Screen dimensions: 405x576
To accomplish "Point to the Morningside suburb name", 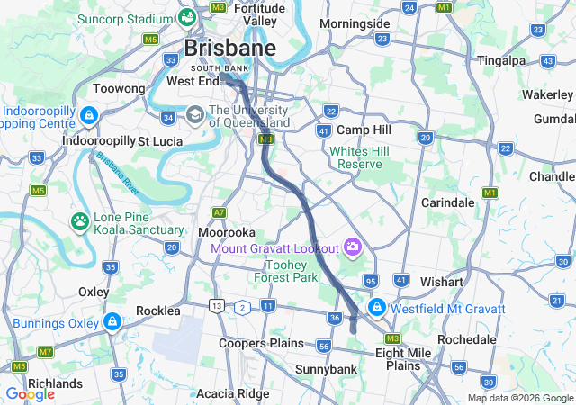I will (355, 23).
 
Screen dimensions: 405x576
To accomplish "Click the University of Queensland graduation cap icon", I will (195, 116).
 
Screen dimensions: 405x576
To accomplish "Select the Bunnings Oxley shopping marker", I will (112, 321).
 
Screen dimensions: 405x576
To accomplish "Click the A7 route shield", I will (219, 212).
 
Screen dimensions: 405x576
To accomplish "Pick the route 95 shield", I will (370, 283).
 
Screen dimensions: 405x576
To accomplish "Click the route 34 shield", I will (167, 117).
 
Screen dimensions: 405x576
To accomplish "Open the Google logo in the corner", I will (30, 393).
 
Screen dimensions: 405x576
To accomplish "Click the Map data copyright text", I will (519, 398).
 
